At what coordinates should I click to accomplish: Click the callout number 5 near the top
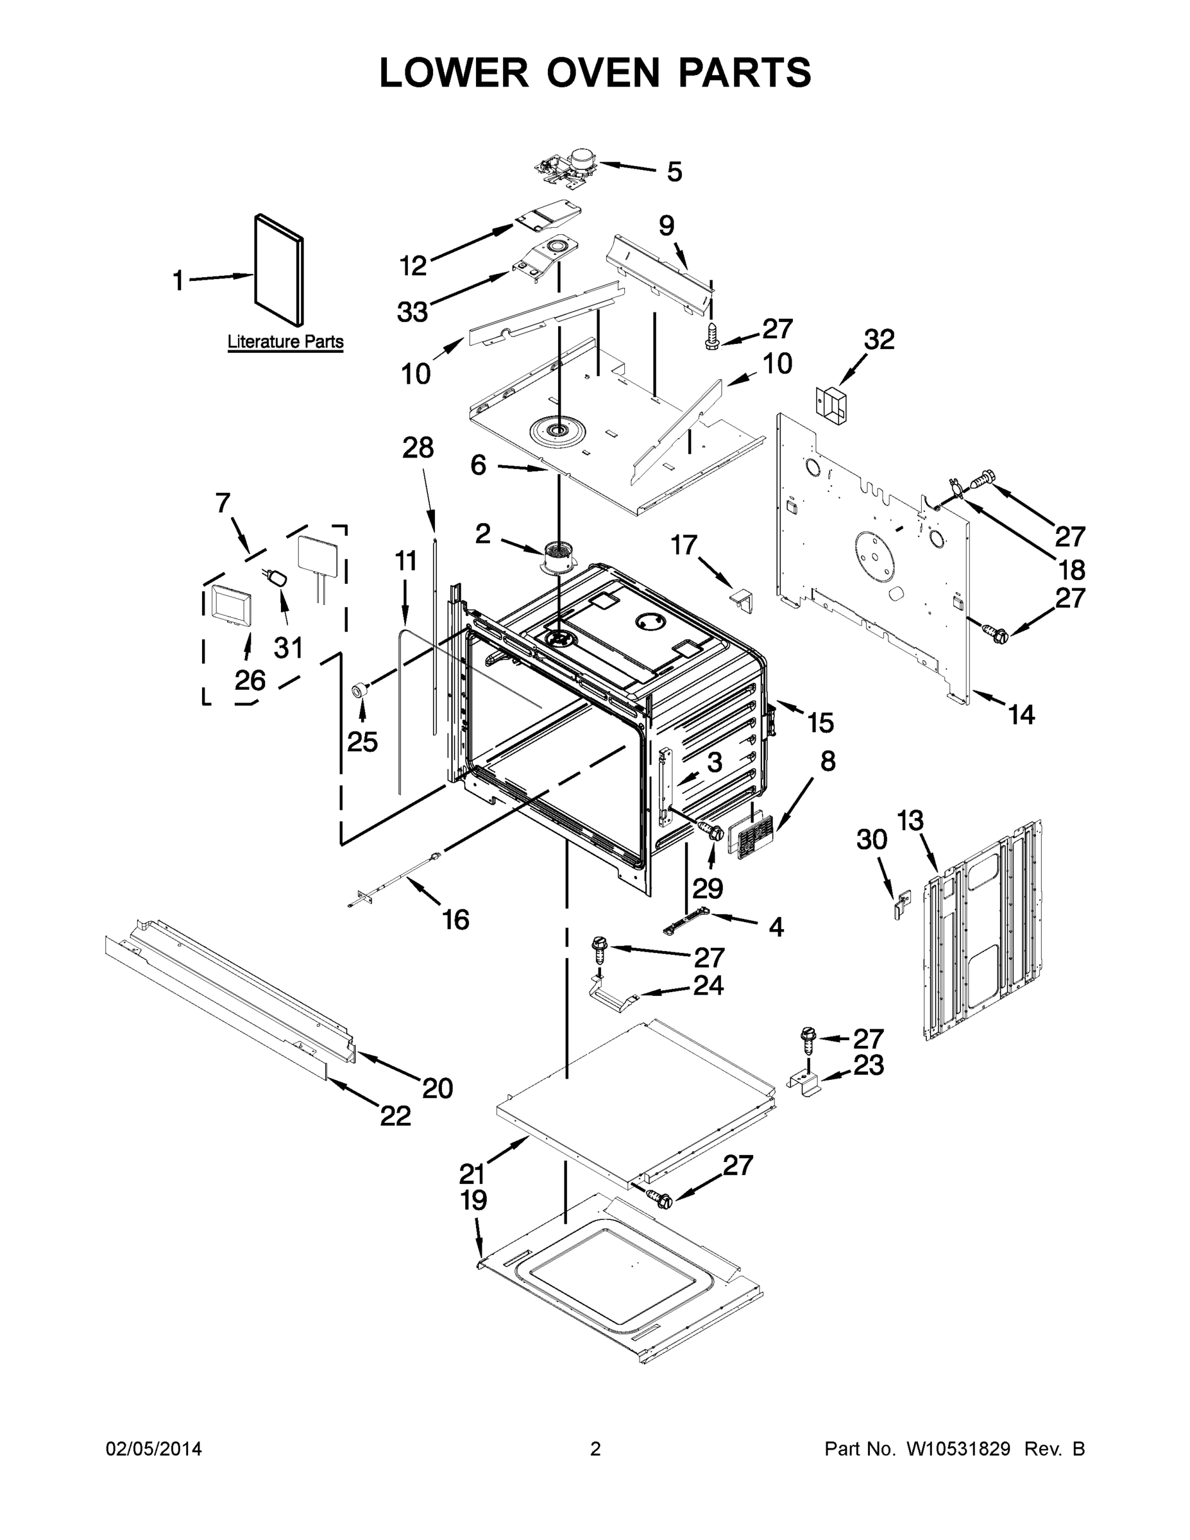[675, 172]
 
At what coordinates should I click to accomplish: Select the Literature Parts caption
[285, 342]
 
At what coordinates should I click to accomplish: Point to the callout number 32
[879, 340]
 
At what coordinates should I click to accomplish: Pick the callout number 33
[413, 312]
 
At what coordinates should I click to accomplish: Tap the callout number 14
[1021, 715]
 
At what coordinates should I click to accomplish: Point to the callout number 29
[708, 889]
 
